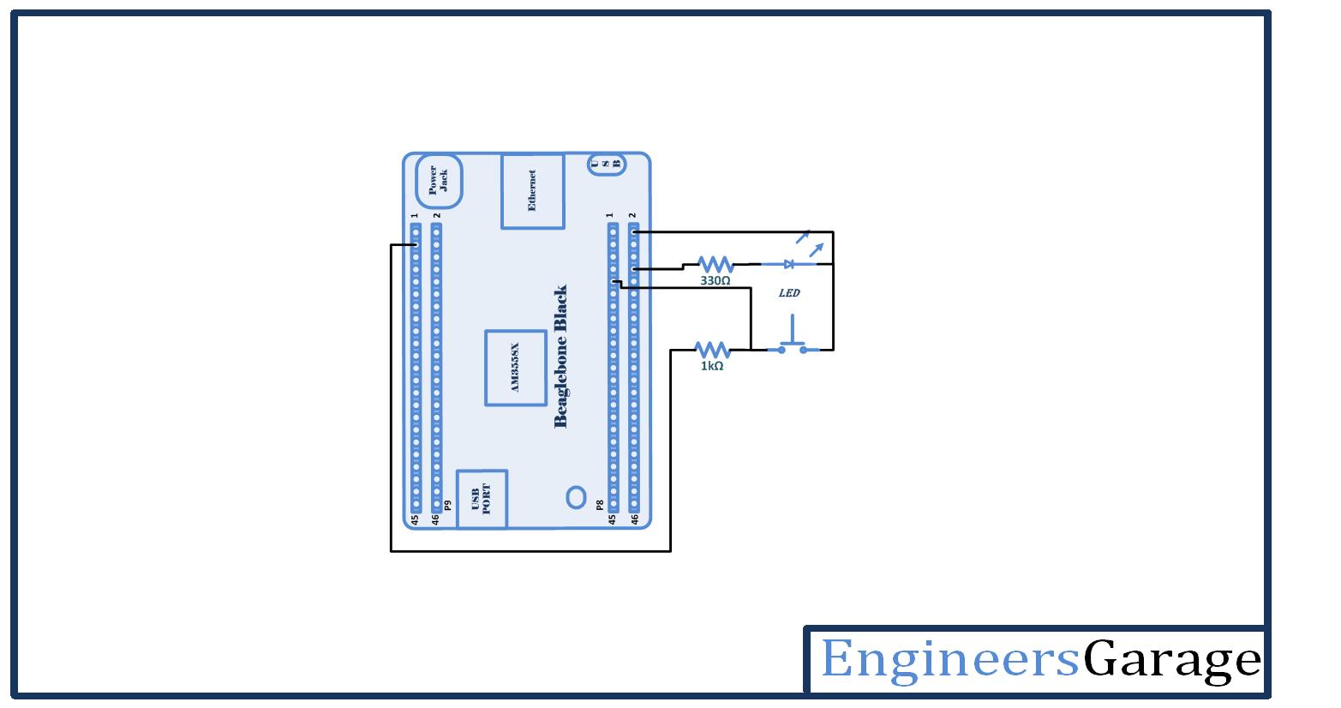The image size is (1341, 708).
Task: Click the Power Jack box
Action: click(x=439, y=180)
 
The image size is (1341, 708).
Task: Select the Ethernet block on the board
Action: click(x=532, y=191)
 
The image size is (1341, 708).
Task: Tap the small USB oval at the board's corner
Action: click(x=606, y=164)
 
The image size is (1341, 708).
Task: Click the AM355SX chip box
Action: click(x=516, y=367)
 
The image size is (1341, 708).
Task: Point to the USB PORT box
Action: click(x=482, y=498)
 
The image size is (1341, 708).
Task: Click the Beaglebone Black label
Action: click(x=561, y=356)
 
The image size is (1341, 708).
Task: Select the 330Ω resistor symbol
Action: click(x=715, y=264)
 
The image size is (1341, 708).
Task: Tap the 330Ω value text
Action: click(x=715, y=280)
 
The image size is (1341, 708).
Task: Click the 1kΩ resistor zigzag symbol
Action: click(x=711, y=349)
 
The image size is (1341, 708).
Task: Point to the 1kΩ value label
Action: click(x=711, y=366)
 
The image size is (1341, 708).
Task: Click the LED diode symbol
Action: click(x=788, y=264)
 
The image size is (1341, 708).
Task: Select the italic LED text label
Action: click(x=789, y=293)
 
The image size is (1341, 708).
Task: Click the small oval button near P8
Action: click(x=576, y=497)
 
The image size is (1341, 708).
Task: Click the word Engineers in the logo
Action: click(x=949, y=659)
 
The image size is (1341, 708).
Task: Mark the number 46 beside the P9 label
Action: click(x=436, y=519)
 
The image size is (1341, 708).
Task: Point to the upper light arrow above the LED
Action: click(x=803, y=236)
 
